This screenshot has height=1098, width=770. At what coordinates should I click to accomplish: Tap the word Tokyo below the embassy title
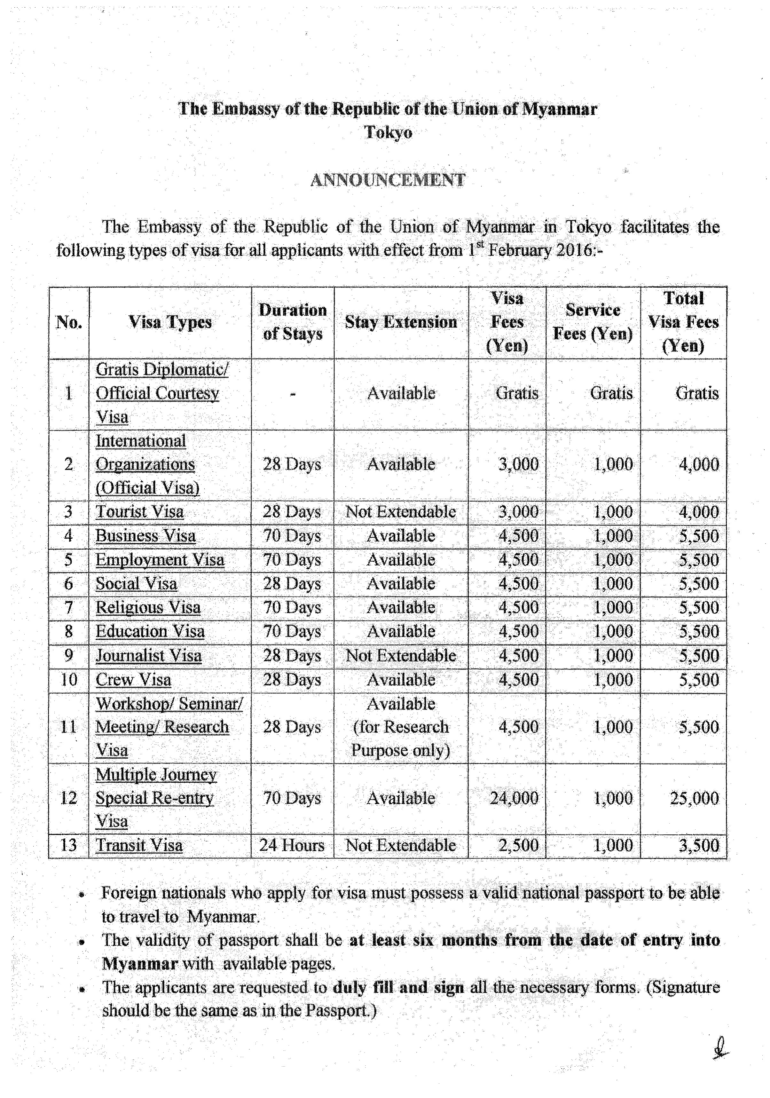[x=388, y=132]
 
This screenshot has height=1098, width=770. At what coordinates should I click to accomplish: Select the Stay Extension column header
[x=401, y=322]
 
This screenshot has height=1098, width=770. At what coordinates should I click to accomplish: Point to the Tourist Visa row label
[x=140, y=512]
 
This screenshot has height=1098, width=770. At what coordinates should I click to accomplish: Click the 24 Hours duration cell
[x=292, y=846]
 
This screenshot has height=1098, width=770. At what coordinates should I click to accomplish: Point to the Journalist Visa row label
[x=149, y=656]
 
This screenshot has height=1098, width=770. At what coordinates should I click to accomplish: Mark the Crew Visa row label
[x=133, y=680]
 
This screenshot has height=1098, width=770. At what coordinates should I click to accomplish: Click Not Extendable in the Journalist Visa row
[x=401, y=656]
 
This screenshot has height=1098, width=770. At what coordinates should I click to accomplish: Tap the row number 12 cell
[x=68, y=798]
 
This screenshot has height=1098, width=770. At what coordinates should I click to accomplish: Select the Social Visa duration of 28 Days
[x=292, y=584]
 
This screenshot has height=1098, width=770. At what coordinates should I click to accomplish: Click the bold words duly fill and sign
[x=398, y=988]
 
